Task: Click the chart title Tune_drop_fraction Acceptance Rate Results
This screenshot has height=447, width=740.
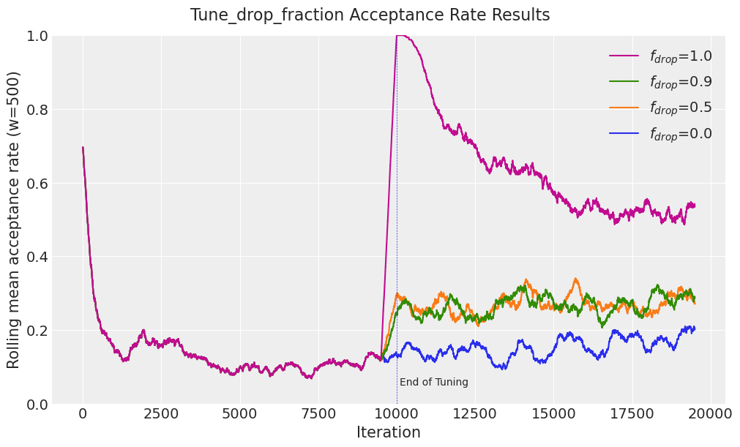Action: (x=370, y=15)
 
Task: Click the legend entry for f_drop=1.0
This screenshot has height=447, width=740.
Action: (x=680, y=56)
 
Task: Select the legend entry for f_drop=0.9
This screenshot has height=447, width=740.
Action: (x=680, y=82)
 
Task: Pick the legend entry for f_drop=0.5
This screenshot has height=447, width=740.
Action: (x=680, y=108)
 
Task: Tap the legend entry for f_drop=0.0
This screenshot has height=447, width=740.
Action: (x=680, y=134)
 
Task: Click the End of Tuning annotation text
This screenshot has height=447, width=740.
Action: (x=434, y=383)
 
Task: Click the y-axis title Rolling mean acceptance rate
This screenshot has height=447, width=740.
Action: (x=14, y=219)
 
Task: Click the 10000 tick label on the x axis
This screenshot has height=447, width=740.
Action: (x=397, y=414)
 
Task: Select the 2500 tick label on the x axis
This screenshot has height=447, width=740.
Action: (x=161, y=414)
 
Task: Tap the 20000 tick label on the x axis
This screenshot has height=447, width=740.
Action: (x=710, y=414)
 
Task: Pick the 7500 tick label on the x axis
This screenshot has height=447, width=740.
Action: (x=318, y=414)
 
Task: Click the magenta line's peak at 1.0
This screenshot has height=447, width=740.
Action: (x=399, y=35)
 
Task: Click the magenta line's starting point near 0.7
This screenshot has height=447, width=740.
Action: (x=83, y=147)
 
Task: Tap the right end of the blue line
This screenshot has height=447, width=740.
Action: (x=694, y=328)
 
